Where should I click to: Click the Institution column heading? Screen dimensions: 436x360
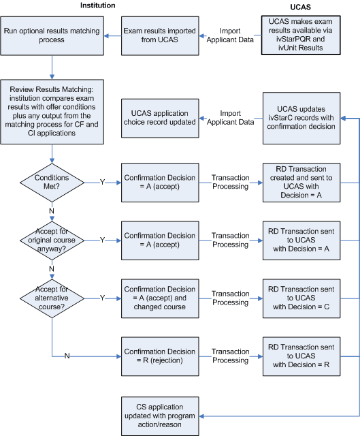pos(97,5)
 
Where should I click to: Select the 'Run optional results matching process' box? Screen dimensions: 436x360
pos(52,35)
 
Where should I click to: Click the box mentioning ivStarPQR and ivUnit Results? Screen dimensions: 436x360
pos(299,35)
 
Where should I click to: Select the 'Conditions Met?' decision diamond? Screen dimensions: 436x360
pos(52,181)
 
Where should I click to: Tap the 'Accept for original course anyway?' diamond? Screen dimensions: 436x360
pos(52,240)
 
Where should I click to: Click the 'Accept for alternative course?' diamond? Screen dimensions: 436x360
pos(52,298)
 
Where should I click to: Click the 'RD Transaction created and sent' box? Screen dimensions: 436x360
pos(299,181)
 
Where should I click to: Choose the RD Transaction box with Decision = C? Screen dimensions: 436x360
pos(299,298)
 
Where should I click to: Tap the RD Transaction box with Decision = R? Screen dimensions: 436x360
pos(299,356)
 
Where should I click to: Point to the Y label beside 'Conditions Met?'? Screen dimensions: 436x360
pos(103,181)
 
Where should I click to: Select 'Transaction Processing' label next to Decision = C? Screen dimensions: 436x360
pos(230,298)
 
